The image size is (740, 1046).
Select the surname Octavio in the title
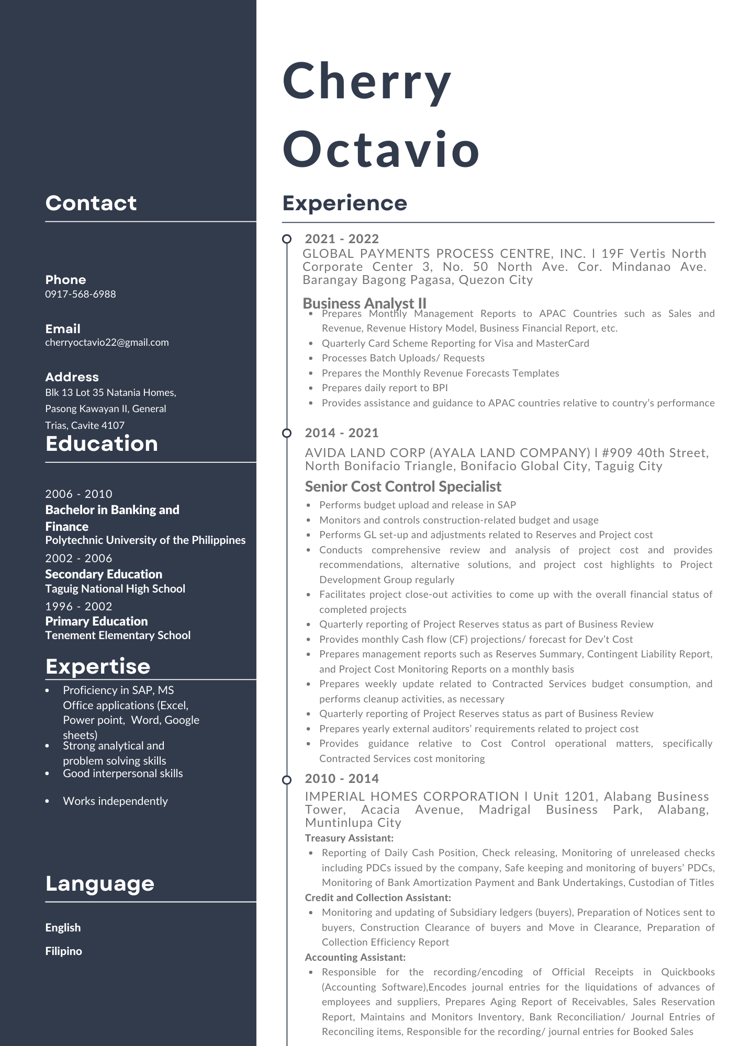[x=381, y=149]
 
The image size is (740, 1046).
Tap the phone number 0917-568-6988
[x=81, y=294]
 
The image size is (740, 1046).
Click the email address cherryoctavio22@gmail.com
[x=107, y=343]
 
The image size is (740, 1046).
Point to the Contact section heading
[x=91, y=203]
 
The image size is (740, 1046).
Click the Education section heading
[x=102, y=444]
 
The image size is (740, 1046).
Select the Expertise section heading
[x=98, y=666]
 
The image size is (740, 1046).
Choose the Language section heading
[x=100, y=883]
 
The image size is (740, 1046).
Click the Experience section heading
[x=344, y=203]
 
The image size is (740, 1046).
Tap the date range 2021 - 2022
[x=342, y=239]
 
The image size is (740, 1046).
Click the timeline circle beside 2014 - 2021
[x=287, y=433]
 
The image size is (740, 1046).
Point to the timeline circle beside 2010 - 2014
[x=287, y=780]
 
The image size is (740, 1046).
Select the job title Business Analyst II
[x=365, y=303]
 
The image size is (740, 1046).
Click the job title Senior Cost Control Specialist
[x=403, y=486]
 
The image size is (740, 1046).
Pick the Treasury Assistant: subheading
[x=349, y=838]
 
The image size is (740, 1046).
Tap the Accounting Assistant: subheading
[x=355, y=957]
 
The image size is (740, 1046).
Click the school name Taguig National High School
[x=115, y=589]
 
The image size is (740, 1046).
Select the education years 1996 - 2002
[x=79, y=607]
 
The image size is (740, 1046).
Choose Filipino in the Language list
[x=64, y=951]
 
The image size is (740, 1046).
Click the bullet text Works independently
[x=115, y=801]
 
